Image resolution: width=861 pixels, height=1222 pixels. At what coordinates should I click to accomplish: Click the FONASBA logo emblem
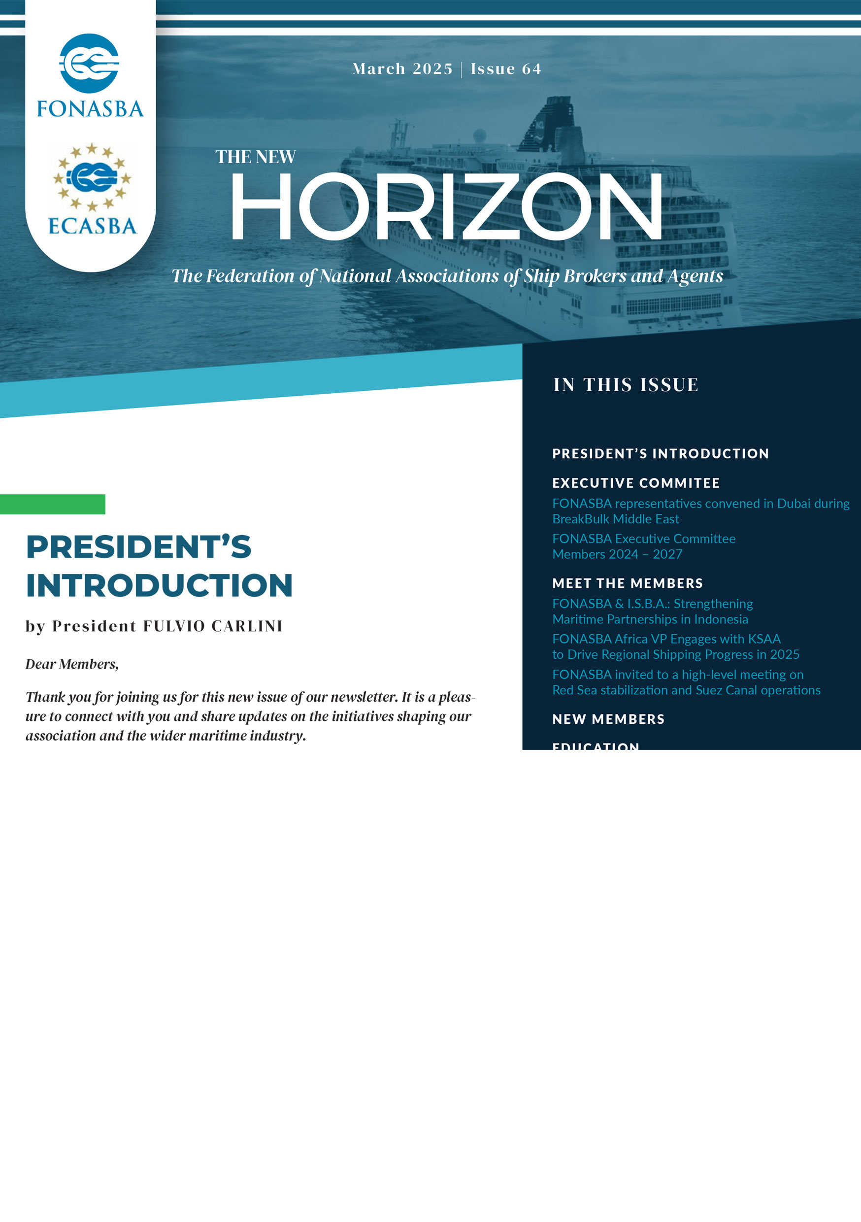click(x=89, y=64)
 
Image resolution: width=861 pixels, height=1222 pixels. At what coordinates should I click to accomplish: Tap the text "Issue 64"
click(x=505, y=69)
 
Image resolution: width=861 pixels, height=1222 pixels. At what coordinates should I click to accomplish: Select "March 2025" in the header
click(x=402, y=69)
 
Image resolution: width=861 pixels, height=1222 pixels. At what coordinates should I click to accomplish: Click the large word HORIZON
click(x=446, y=207)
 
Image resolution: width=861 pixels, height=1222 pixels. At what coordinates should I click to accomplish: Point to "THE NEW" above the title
click(x=256, y=157)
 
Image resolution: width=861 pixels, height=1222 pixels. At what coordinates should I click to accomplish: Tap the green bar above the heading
click(x=52, y=504)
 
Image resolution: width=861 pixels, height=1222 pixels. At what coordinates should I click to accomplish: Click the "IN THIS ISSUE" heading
click(x=625, y=385)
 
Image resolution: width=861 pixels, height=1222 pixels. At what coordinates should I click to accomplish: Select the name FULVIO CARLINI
click(x=212, y=626)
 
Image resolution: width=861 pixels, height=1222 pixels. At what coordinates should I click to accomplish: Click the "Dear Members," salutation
click(x=72, y=664)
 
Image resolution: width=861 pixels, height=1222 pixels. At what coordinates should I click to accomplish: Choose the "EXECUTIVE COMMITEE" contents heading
click(x=635, y=483)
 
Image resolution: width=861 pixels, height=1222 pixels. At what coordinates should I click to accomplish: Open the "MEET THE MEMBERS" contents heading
click(x=628, y=583)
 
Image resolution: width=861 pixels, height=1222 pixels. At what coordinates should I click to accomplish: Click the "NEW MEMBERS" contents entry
click(x=608, y=719)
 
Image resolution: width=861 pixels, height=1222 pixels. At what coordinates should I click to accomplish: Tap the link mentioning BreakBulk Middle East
click(x=700, y=511)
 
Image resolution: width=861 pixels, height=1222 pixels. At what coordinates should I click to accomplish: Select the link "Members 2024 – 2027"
click(x=617, y=554)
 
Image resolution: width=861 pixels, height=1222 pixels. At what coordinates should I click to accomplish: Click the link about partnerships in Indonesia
click(x=653, y=611)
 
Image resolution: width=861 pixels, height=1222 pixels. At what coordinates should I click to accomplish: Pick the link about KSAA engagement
click(x=675, y=646)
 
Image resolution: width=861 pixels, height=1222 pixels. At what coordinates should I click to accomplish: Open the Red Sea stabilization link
click(x=686, y=682)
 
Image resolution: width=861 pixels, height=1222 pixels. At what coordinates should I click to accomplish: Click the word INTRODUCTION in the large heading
click(x=159, y=585)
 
